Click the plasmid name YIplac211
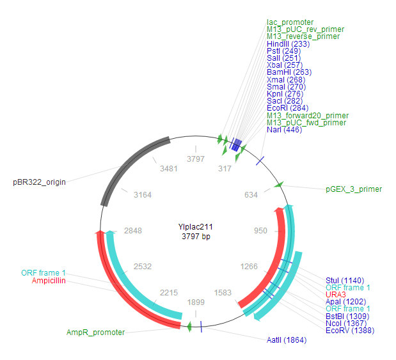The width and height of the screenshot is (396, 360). pos(196,227)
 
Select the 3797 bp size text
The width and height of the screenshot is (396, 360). pos(196,237)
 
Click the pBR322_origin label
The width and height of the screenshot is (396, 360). pos(39,182)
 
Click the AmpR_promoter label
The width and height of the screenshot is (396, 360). pos(95,333)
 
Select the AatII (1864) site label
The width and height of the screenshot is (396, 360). pos(286,340)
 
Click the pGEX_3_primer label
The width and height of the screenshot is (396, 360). pos(353,189)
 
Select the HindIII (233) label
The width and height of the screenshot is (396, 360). pos(292,43)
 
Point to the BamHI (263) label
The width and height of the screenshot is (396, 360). pos(289,72)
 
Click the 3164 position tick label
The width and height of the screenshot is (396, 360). pos(143,195)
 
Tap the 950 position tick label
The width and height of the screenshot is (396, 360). pos(260,230)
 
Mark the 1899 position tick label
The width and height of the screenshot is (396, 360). pos(196,302)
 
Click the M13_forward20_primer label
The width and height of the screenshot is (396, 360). pos(308,116)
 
